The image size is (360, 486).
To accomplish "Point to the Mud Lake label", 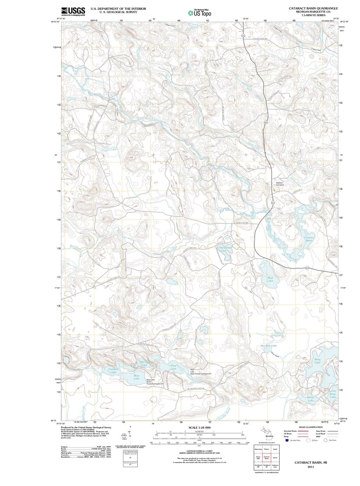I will coord(270,279).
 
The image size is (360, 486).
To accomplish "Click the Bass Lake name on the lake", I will coord(137,377).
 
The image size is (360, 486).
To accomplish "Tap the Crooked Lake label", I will coord(113,371).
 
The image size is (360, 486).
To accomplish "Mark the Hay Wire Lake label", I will coord(269,346).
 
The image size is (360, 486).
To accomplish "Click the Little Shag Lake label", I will coord(333,394).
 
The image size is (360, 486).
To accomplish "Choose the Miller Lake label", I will coord(310,399).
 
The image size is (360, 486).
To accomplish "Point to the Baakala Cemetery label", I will coord(280,183).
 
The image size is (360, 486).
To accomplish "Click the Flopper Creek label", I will coord(109,150).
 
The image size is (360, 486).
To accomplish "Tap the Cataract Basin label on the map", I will coord(309,239).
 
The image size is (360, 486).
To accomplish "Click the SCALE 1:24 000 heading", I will coord(199,428).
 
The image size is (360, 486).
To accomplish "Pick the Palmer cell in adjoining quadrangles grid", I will coord(267,449).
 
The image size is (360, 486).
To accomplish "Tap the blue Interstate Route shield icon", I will coord(287,440).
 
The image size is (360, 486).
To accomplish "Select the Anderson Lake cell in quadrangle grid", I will coord(275,466).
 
